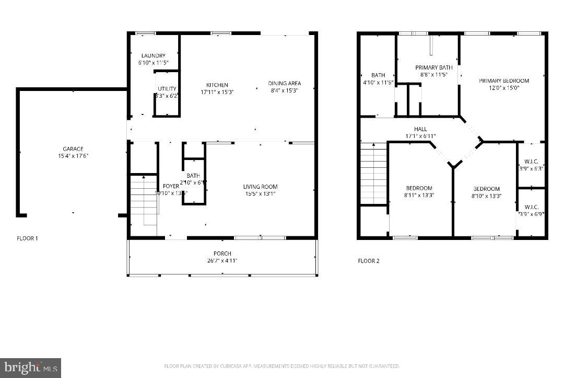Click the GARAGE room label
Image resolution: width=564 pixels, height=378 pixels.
pyautogui.click(x=73, y=149)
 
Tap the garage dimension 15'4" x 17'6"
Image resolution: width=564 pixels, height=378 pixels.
pyautogui.click(x=73, y=156)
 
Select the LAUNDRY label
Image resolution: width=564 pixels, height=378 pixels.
pyautogui.click(x=153, y=55)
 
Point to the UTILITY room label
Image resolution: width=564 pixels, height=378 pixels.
pyautogui.click(x=167, y=89)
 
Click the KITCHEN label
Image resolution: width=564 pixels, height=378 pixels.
pyautogui.click(x=217, y=85)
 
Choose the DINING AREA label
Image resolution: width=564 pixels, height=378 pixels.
pyautogui.click(x=285, y=83)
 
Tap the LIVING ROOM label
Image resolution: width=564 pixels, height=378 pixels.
pyautogui.click(x=260, y=187)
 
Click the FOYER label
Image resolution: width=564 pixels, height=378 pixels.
pyautogui.click(x=171, y=186)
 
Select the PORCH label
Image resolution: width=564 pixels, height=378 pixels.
pyautogui.click(x=223, y=254)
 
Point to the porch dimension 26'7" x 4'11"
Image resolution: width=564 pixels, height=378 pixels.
pyautogui.click(x=223, y=261)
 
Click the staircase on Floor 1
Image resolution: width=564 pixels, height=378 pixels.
pyautogui.click(x=143, y=201)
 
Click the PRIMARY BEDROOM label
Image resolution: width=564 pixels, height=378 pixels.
pyautogui.click(x=504, y=81)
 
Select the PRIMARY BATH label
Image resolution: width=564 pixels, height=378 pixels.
pyautogui.click(x=434, y=67)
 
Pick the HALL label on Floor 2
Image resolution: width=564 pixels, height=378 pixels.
pyautogui.click(x=420, y=129)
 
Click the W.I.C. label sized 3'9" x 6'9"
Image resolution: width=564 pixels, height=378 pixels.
pyautogui.click(x=531, y=207)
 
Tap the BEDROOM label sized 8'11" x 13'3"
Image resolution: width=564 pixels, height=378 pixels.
pyautogui.click(x=419, y=188)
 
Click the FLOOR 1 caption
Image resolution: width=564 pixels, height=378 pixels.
pyautogui.click(x=28, y=238)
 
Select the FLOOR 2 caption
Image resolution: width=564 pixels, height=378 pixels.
pyautogui.click(x=369, y=261)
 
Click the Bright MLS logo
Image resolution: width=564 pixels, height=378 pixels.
pyautogui.click(x=31, y=367)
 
